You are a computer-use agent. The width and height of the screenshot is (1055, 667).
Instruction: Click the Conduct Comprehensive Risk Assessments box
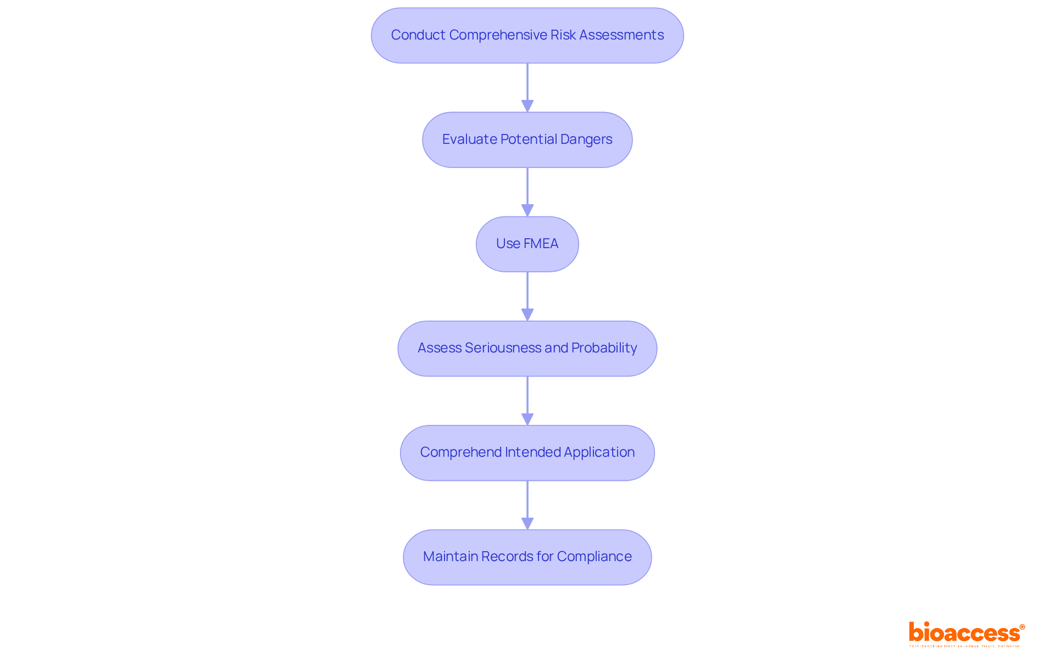tap(527, 35)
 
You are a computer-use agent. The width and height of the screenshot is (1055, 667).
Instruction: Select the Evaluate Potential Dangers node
tap(527, 139)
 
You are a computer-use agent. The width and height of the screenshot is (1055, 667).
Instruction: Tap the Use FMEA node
tap(527, 244)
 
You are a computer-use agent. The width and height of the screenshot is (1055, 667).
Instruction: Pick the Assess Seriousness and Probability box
tap(527, 348)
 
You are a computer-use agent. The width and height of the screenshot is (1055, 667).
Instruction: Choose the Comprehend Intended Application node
tap(527, 452)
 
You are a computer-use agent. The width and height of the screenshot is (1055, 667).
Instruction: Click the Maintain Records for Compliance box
tap(527, 557)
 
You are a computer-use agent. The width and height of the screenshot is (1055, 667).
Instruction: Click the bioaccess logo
tap(964, 633)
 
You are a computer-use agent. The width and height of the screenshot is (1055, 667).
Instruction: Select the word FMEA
tap(541, 244)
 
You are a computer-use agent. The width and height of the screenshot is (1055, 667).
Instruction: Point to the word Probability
tap(604, 348)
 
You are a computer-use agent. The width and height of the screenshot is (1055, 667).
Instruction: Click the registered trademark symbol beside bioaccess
tap(1022, 627)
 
